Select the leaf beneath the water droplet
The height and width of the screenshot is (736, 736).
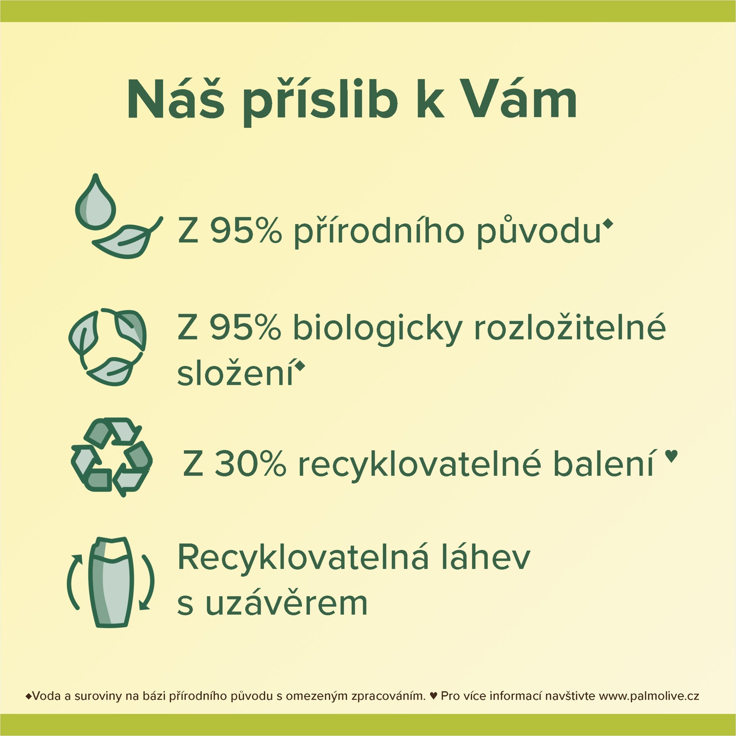click(x=127, y=238)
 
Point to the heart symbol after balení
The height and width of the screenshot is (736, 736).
click(x=671, y=455)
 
